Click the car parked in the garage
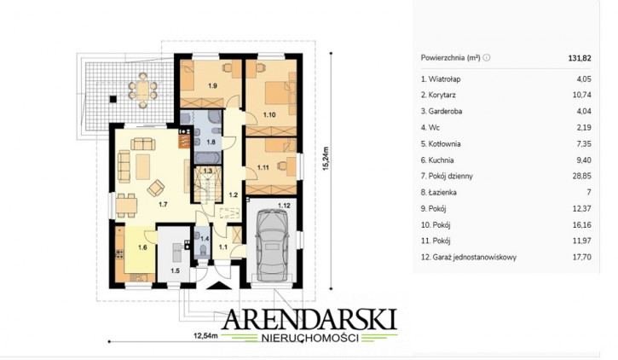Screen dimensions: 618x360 coord(272,244)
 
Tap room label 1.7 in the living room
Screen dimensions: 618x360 coord(163,204)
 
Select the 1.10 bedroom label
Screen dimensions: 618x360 coord(269,115)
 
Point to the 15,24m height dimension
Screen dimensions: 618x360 coord(326,159)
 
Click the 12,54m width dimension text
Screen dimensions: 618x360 coord(205,336)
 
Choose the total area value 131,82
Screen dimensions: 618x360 coord(580,58)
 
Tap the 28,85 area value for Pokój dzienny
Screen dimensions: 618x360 coord(581,176)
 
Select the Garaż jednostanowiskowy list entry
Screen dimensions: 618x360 coord(469,257)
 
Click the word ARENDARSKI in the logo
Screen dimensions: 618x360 coord(309,320)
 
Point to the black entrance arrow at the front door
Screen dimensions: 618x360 coord(219,286)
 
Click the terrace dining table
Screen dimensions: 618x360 coord(142,90)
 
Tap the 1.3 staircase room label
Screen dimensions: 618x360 coord(208,171)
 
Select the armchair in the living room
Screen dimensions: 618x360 coord(156,188)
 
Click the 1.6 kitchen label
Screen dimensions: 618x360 coord(142,247)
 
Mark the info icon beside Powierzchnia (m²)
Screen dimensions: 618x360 coord(487,57)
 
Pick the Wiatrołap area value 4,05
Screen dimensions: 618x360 coord(584,78)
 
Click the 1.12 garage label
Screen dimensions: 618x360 coord(284,206)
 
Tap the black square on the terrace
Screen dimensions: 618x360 coord(113,99)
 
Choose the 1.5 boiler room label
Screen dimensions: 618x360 coord(175,270)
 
